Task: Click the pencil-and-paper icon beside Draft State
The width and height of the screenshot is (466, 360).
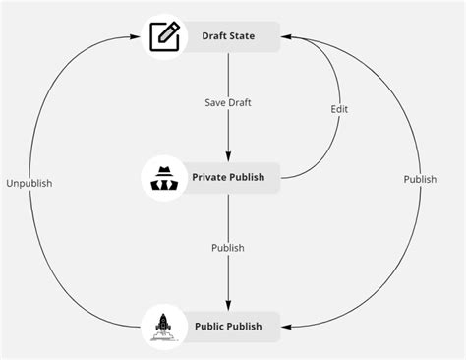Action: pos(165,36)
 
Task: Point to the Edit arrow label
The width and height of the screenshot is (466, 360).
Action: pos(339,109)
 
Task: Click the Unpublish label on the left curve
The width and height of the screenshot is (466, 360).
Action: pos(29,183)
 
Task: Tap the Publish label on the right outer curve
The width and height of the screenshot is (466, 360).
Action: pos(420,179)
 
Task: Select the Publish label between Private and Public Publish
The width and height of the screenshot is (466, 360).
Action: pos(228,248)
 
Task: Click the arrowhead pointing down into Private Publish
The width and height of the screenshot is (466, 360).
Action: pos(228,156)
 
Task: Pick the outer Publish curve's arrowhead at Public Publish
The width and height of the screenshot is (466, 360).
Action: pos(287,326)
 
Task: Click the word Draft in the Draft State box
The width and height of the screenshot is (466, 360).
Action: pos(214,37)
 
